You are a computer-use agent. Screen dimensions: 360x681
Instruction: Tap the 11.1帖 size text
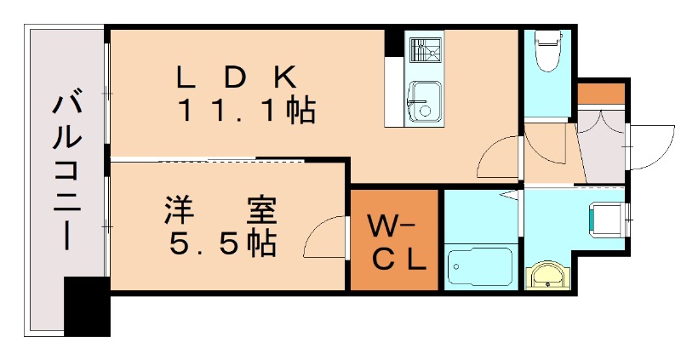(248, 111)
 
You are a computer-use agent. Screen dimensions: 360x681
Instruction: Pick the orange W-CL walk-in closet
(395, 241)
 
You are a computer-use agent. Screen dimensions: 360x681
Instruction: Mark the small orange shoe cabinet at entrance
(601, 93)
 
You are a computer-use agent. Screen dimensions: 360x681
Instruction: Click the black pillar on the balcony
(88, 306)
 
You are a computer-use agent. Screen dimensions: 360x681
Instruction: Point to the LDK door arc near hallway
(497, 159)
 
